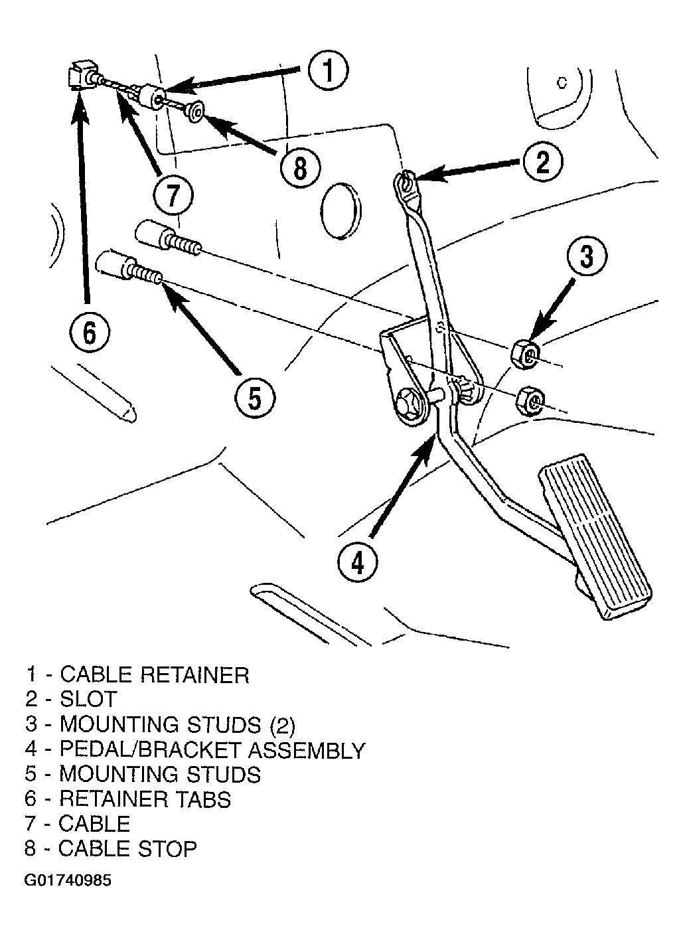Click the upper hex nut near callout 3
coord(525,355)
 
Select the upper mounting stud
coord(167,238)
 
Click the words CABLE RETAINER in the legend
coord(154,675)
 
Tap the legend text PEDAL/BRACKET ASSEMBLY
coord(212,749)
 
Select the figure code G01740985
coord(68,881)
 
